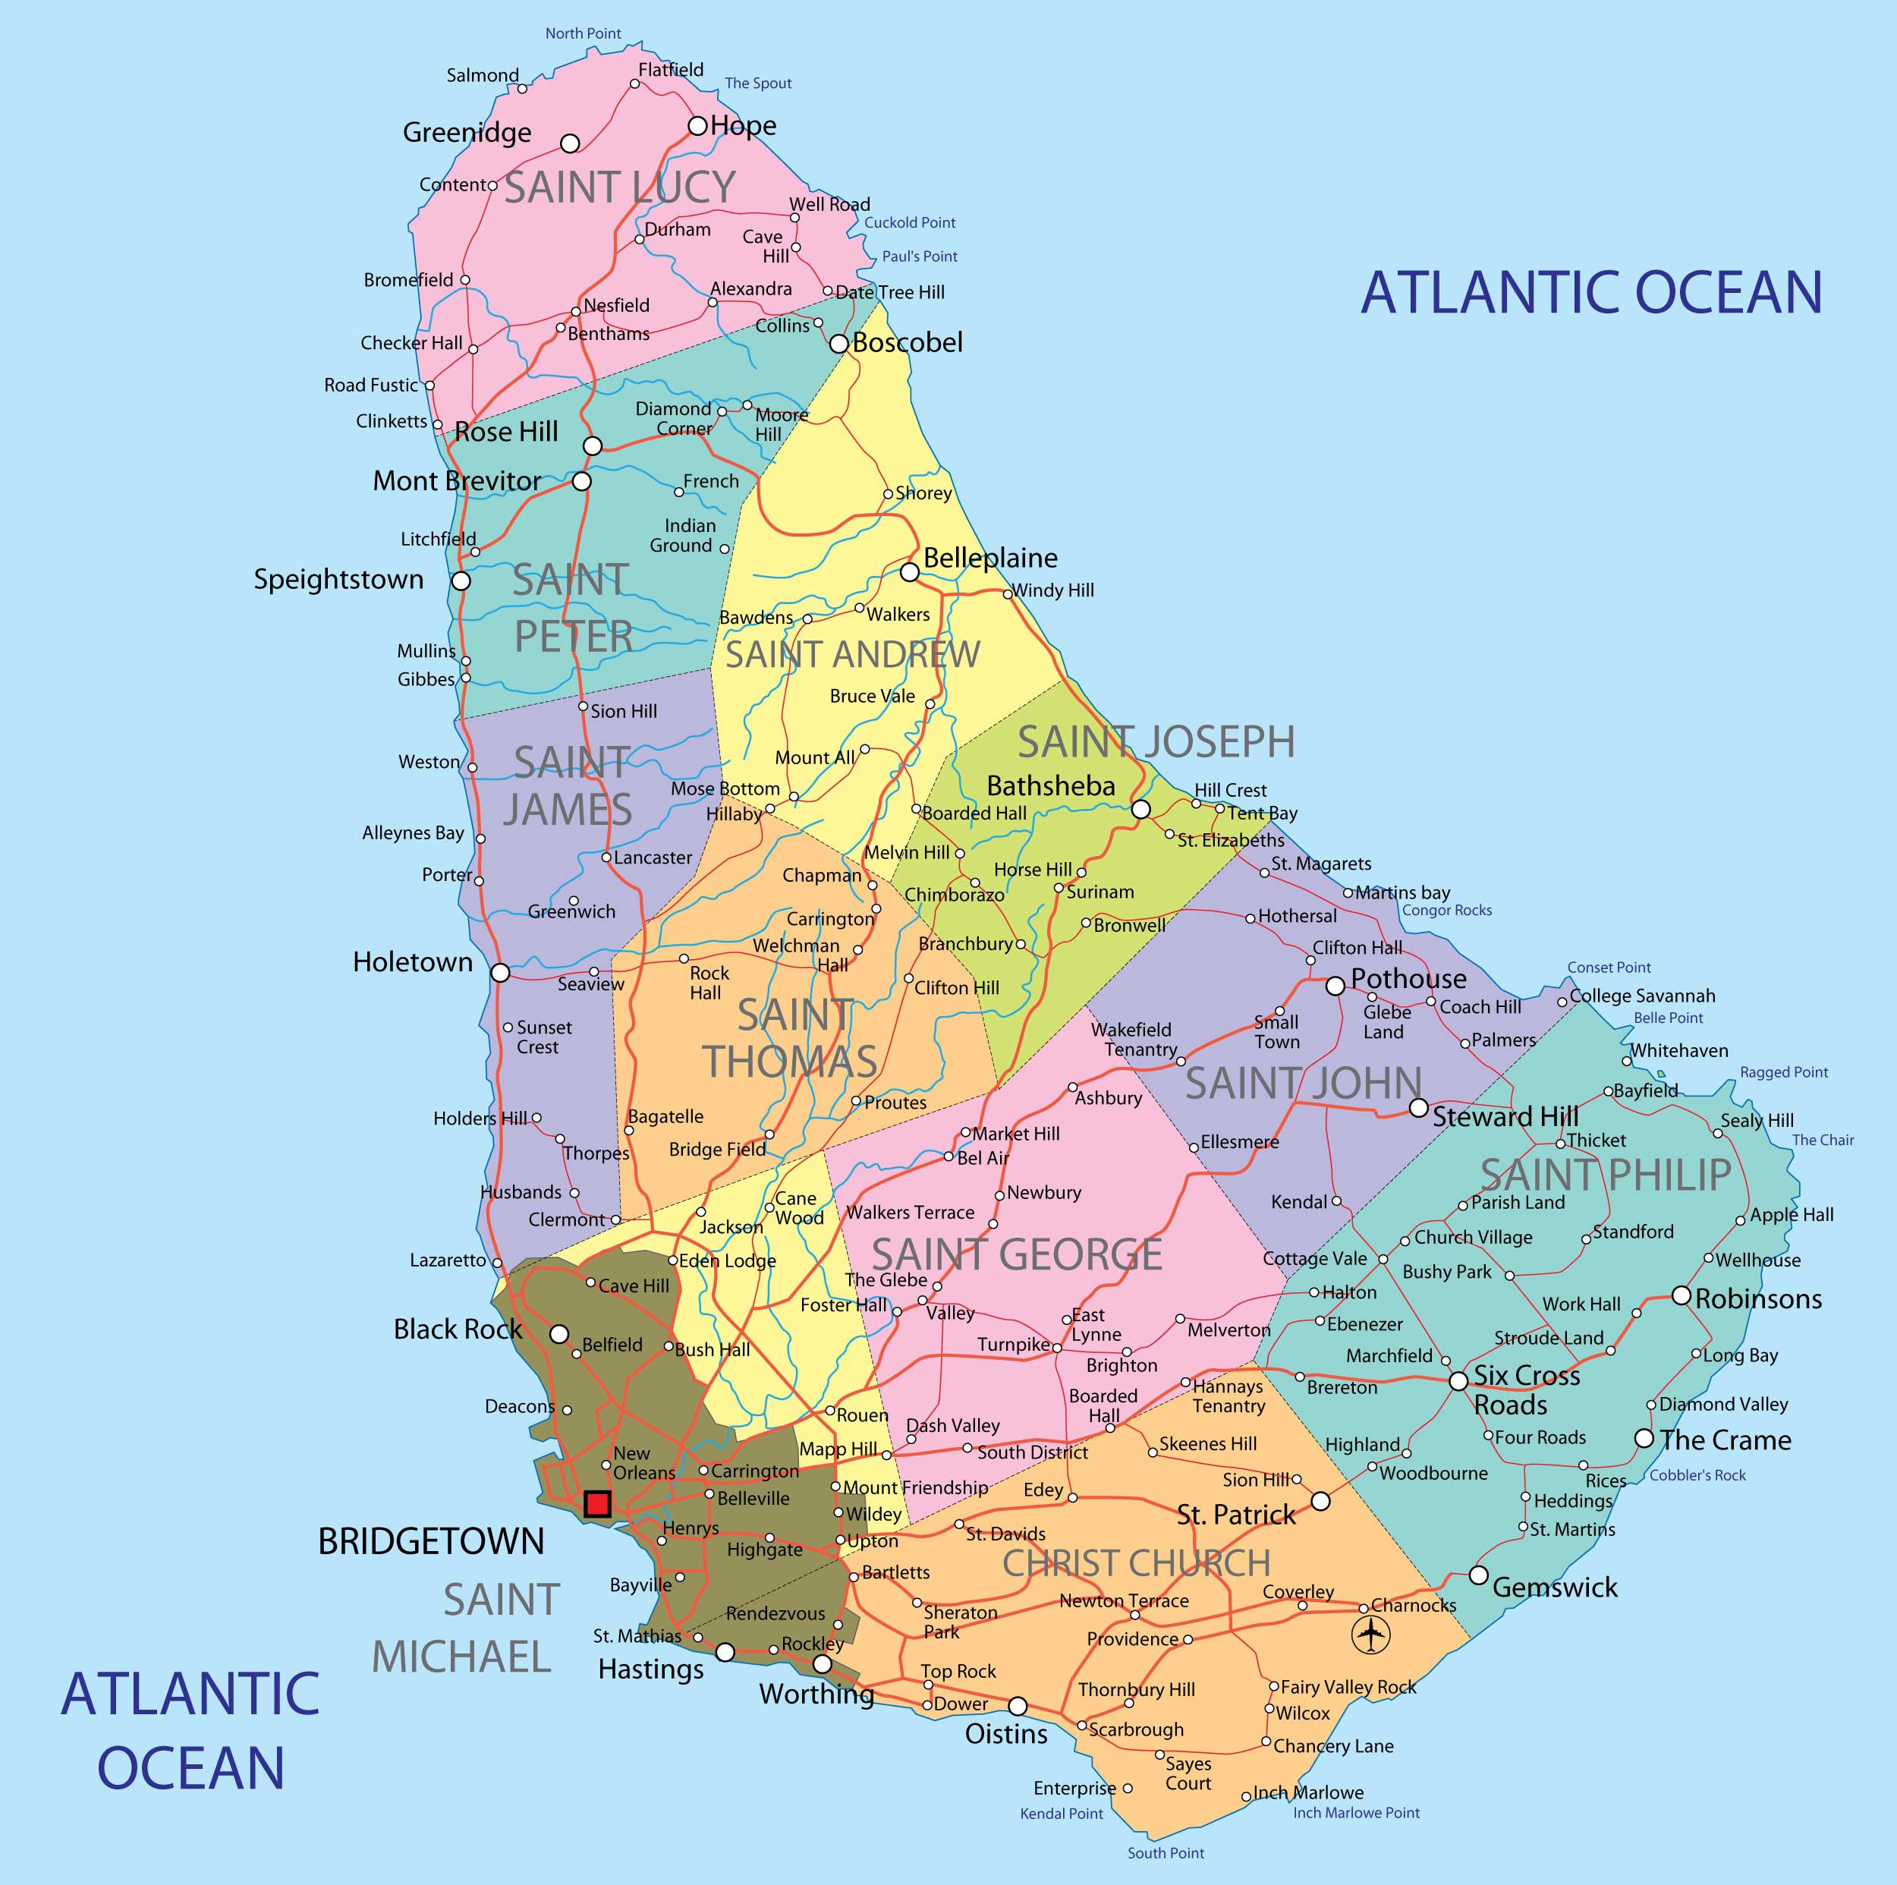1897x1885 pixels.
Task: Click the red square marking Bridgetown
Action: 597,1503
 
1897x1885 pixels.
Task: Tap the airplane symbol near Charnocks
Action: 1370,1635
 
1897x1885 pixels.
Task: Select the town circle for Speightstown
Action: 461,581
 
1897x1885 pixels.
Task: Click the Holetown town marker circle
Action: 500,972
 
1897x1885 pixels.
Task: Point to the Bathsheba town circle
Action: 1140,809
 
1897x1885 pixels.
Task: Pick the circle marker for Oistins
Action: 1018,1705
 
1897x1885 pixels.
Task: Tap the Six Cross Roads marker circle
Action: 1459,1380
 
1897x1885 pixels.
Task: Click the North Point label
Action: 584,33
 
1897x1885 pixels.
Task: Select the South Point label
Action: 1166,1852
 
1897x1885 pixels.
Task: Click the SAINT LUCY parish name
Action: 620,187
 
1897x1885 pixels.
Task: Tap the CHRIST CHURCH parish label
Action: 1136,1563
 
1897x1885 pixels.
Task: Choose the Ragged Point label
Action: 1784,1072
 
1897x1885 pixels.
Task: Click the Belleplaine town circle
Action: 909,571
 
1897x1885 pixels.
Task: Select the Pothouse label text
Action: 1408,979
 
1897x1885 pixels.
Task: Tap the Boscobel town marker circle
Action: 838,344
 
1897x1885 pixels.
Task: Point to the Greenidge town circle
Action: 570,143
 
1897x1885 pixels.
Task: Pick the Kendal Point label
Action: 1062,1814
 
